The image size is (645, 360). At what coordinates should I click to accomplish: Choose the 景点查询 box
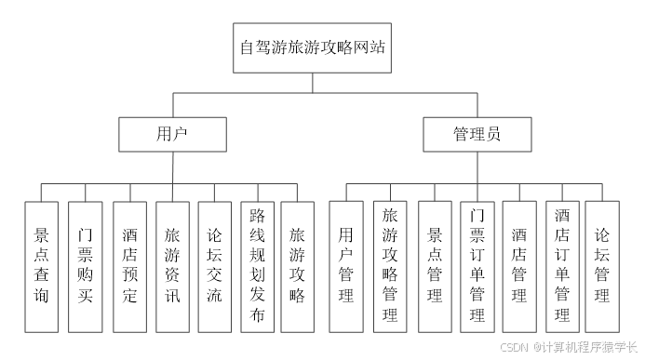42,266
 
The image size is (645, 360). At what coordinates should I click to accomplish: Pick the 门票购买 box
85,266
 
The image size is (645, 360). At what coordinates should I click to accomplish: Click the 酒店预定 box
129,266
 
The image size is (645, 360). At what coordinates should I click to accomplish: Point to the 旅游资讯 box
172,266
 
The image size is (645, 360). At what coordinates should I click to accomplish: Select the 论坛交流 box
214,266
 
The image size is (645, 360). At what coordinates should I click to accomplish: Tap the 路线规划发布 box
258,266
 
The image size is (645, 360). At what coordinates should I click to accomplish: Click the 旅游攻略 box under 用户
298,266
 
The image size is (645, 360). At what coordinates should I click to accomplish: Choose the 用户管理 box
346,266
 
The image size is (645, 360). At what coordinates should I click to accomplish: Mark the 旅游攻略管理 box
391,266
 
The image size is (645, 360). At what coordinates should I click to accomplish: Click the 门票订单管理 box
477,266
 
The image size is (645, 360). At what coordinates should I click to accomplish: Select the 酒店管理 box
519,266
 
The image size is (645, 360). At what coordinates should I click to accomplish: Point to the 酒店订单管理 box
562,266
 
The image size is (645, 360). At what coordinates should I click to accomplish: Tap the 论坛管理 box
602,266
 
